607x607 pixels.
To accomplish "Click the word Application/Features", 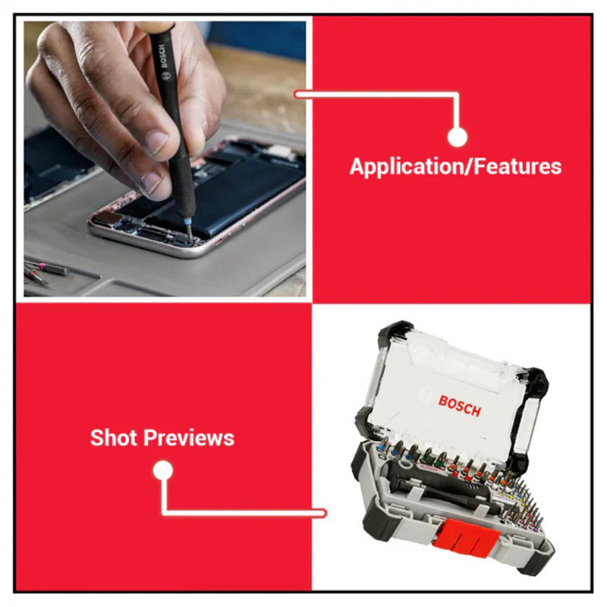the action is coord(455,167).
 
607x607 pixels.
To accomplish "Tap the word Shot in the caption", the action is coord(115,438).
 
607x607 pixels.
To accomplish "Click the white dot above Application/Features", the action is coord(458,137).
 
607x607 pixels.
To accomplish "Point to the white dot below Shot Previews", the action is coord(163,470).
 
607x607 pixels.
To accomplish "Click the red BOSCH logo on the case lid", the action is coord(460,406).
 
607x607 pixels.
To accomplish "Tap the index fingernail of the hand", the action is coord(151,183).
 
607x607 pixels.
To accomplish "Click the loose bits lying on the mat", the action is coord(43,272).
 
